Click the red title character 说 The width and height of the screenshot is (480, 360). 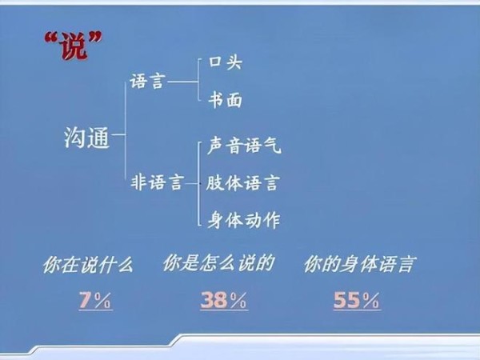coord(73,46)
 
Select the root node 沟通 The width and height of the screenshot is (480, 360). coord(87,138)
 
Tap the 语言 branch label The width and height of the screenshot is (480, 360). coord(148,82)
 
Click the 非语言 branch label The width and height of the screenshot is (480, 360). coord(158,182)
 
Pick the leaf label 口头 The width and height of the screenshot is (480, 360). coord(226,62)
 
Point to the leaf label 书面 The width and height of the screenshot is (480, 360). coord(226,100)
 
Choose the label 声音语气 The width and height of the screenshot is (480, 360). coord(244,146)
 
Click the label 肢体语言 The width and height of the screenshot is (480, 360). coord(243,182)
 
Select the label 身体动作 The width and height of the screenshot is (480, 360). coord(244,220)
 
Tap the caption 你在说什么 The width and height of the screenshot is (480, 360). coord(88,265)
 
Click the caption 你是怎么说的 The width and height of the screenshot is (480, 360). coord(218,263)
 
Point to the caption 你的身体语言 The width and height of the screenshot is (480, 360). coord(360,264)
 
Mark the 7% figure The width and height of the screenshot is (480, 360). coord(95,300)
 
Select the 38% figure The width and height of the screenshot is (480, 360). coord(224,300)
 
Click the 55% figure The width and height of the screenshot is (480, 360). coord(357,300)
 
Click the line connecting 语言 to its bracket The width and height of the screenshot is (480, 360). coord(182,82)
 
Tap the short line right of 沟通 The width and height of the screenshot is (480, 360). coord(118,134)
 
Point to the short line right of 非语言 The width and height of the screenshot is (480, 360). coord(192,184)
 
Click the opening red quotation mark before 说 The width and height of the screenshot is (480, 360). coord(51,38)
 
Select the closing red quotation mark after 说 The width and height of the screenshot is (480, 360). coord(94,38)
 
